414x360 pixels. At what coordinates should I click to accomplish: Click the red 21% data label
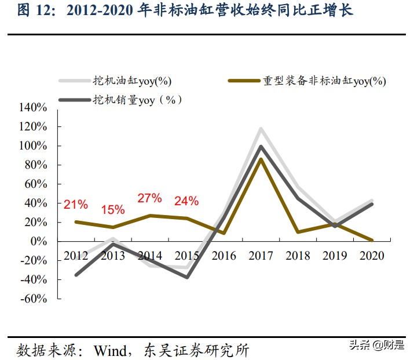pyautogui.click(x=76, y=205)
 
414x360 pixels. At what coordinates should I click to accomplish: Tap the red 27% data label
pyautogui.click(x=149, y=198)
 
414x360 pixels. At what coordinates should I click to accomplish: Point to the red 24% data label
pyautogui.click(x=186, y=201)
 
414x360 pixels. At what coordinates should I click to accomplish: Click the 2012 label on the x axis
pyautogui.click(x=76, y=256)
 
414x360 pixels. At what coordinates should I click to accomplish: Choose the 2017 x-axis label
pyautogui.click(x=261, y=256)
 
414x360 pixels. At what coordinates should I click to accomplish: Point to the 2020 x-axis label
pyautogui.click(x=372, y=256)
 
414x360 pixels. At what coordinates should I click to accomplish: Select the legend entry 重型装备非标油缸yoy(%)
pyautogui.click(x=324, y=81)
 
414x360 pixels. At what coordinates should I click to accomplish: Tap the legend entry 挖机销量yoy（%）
pyautogui.click(x=137, y=100)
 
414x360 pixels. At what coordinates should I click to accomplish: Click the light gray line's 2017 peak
pyautogui.click(x=261, y=129)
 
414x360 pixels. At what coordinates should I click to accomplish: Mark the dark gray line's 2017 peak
pyautogui.click(x=261, y=147)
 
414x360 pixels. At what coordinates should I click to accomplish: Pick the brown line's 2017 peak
pyautogui.click(x=261, y=159)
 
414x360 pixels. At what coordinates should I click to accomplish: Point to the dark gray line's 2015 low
pyautogui.click(x=187, y=277)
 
